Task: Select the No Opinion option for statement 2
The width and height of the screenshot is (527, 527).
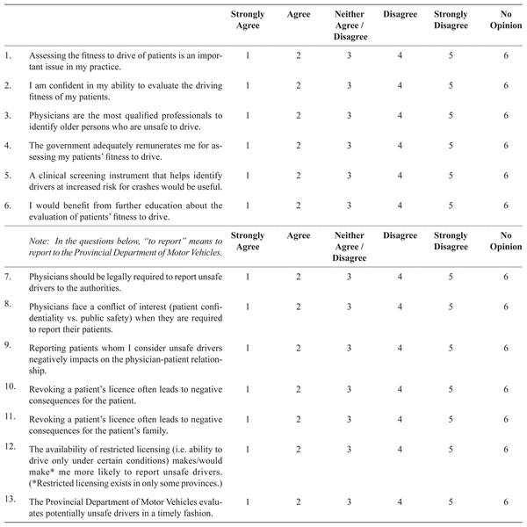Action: pyautogui.click(x=506, y=85)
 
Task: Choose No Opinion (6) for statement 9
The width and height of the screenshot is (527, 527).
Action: pyautogui.click(x=506, y=347)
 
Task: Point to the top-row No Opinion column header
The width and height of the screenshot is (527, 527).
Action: pyautogui.click(x=506, y=20)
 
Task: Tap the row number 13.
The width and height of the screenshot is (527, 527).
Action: pyautogui.click(x=10, y=498)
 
